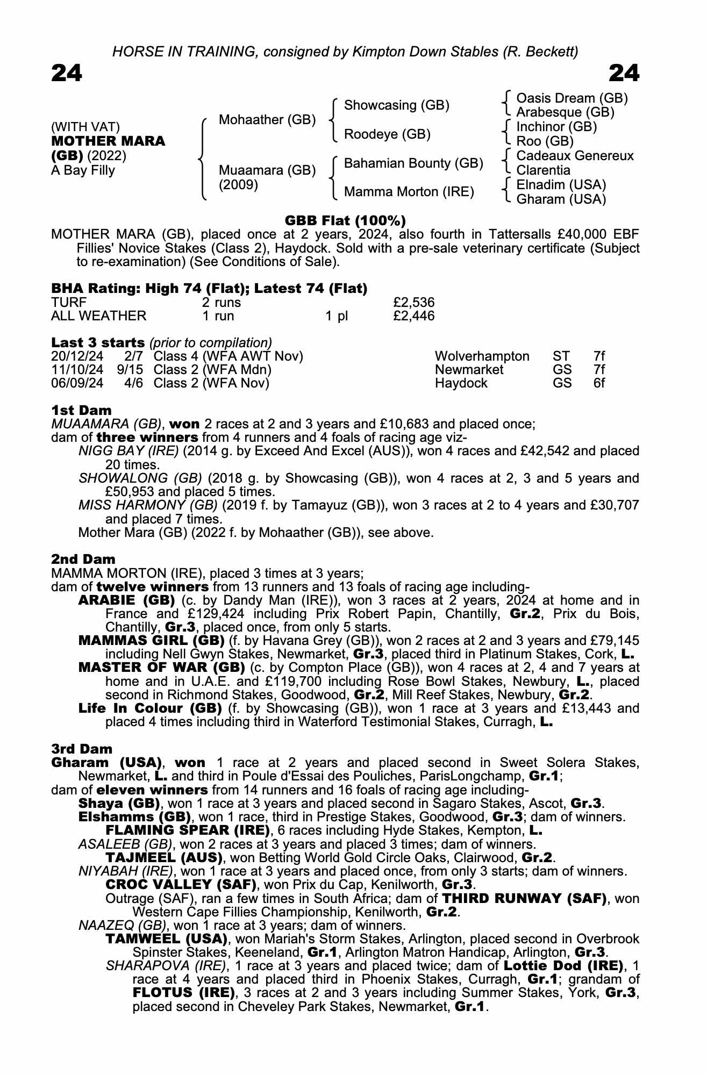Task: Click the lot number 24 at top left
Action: (67, 73)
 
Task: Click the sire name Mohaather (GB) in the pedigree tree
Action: (267, 120)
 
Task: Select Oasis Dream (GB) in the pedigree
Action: (572, 98)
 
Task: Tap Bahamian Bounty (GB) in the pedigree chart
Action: (413, 163)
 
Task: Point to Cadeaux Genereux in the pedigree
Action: (575, 156)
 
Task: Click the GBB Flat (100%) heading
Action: (345, 220)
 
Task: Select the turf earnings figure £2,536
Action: (413, 303)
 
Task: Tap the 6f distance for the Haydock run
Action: (599, 383)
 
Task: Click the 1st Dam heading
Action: (81, 411)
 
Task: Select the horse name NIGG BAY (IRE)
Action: (128, 451)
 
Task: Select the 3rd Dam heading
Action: (82, 749)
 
